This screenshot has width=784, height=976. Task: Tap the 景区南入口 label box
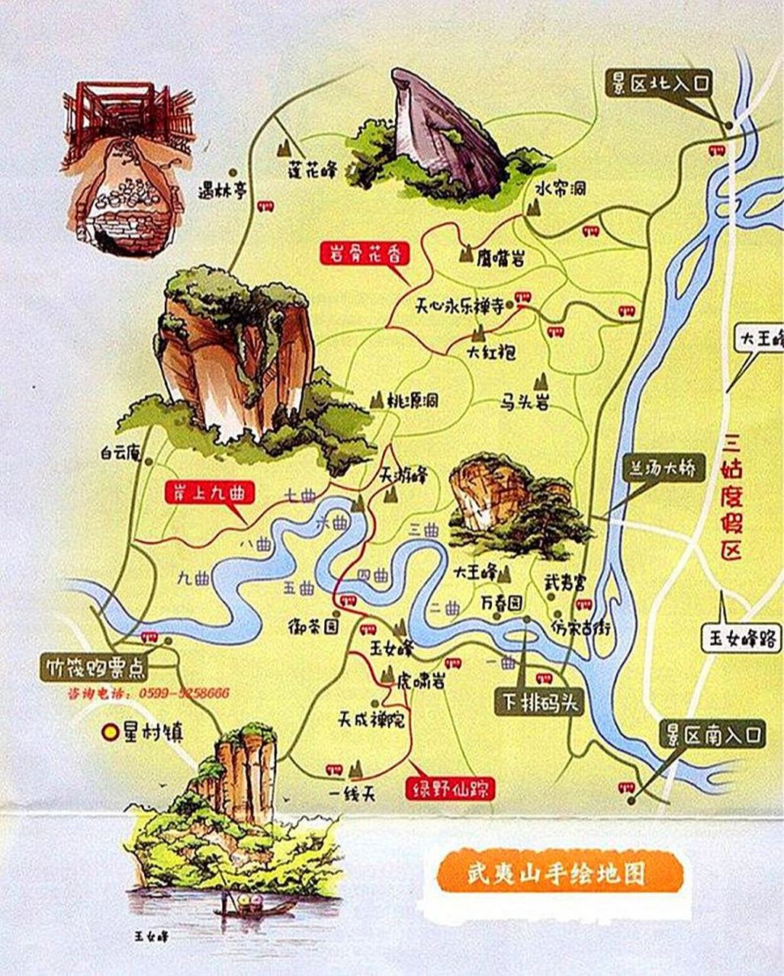tap(712, 735)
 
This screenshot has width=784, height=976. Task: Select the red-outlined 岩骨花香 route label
tap(365, 254)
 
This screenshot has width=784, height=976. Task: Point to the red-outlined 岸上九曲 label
tap(208, 493)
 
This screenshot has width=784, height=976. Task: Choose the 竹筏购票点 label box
tap(94, 667)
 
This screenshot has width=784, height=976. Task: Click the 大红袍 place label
tap(492, 353)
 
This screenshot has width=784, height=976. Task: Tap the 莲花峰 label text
tap(312, 169)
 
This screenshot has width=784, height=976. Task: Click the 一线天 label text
tap(353, 794)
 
